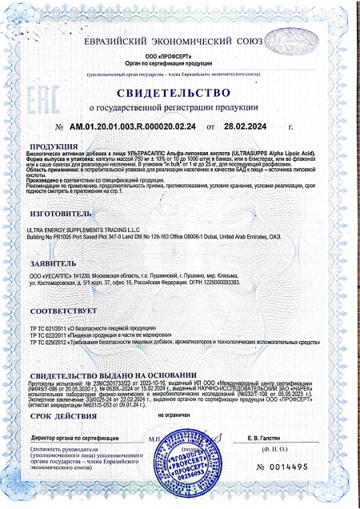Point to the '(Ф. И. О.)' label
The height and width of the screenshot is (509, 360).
click(x=267, y=451)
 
